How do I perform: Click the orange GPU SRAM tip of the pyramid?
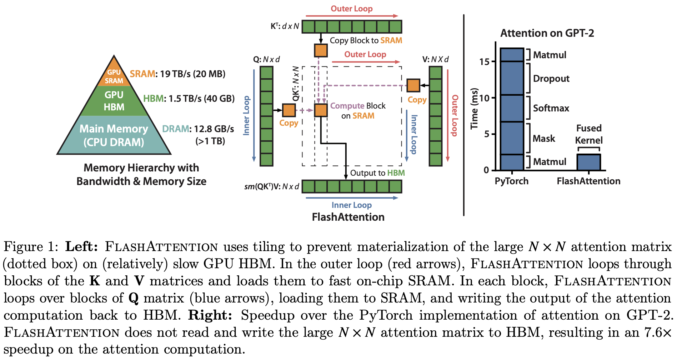(114, 76)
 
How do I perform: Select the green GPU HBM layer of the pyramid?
(114, 101)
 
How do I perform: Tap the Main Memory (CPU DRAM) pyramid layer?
(114, 135)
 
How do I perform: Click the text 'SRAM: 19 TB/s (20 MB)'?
(177, 74)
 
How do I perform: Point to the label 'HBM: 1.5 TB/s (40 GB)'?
(189, 99)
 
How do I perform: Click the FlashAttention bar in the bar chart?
(589, 162)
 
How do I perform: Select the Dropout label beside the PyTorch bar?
(551, 79)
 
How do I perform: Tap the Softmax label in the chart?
(551, 108)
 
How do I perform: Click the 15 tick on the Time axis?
(484, 62)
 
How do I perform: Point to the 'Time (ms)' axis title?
(474, 109)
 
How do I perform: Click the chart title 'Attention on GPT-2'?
(547, 33)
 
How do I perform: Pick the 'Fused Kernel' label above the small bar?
(589, 134)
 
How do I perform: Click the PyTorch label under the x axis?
(511, 181)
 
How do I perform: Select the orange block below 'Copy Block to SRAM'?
(321, 50)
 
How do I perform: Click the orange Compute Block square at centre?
(321, 110)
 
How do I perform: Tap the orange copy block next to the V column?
(413, 85)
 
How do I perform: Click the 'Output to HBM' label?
(377, 173)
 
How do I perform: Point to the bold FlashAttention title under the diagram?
(348, 217)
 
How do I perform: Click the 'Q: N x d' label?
(266, 59)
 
